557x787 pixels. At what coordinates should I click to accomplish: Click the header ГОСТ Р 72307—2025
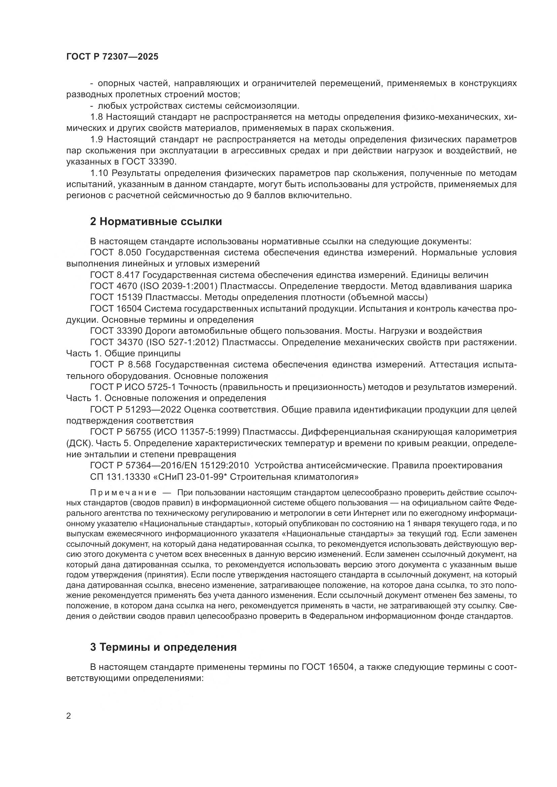click(x=112, y=57)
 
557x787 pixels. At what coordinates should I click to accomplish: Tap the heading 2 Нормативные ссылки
click(x=156, y=222)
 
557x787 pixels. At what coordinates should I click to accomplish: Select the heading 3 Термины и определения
click(x=163, y=647)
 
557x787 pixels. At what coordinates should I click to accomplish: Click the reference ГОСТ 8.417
click(x=116, y=275)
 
